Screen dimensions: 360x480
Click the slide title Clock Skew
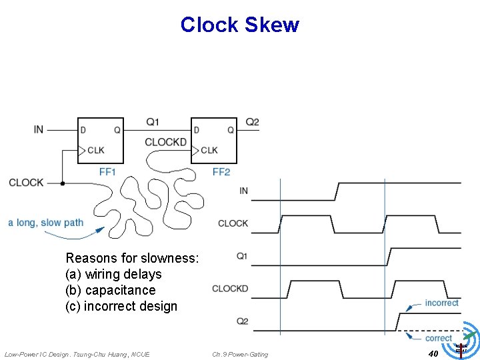tap(239, 25)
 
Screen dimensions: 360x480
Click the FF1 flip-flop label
tap(107, 172)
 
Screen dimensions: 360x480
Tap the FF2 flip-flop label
tap(221, 172)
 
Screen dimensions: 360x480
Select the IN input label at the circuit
tap(39, 129)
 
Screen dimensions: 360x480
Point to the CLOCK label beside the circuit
tap(26, 183)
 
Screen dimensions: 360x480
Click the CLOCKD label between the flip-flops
tap(165, 142)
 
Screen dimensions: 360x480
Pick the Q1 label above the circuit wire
tap(153, 122)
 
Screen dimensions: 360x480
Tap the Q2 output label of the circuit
tap(252, 122)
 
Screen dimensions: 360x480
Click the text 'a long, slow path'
tap(46, 223)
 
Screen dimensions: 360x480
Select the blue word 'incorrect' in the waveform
tap(441, 303)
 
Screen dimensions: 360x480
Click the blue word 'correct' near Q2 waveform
tap(438, 338)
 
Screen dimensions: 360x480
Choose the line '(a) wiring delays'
tap(113, 274)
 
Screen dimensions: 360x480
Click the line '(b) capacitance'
tap(110, 290)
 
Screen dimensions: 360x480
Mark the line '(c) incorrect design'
tap(121, 306)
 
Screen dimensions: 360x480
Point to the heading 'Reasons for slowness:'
tap(132, 258)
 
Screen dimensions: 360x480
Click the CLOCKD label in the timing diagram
tap(230, 289)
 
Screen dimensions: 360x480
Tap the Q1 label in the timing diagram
tap(242, 256)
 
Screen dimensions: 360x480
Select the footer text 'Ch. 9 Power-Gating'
tap(240, 354)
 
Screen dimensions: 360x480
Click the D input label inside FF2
tap(196, 130)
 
